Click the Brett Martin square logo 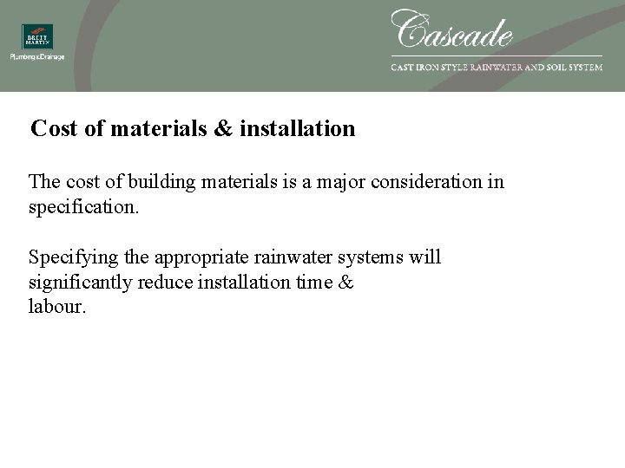(37, 37)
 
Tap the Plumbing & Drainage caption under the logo (37, 57)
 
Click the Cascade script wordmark (452, 30)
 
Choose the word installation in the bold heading (297, 129)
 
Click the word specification (82, 208)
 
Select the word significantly (81, 283)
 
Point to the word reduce (168, 283)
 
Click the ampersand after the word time (345, 283)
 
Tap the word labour (57, 307)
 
